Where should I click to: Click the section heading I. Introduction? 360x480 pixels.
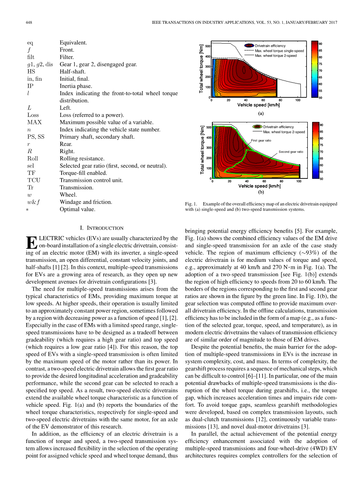tap(101, 228)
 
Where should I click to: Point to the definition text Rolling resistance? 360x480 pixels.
tap(82, 159)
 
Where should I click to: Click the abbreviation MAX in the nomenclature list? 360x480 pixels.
tap(34, 122)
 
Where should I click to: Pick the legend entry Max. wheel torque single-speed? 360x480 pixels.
tap(279, 51)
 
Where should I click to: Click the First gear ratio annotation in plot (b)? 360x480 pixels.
tap(261, 140)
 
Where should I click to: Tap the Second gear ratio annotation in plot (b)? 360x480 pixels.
tap(291, 152)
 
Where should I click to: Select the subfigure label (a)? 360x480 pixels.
tap(261, 113)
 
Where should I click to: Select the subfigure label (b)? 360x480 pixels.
tap(261, 192)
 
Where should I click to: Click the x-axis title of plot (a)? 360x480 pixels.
tap(258, 105)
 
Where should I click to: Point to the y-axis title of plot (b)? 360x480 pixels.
tap(203, 150)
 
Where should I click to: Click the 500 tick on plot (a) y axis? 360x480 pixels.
tap(207, 46)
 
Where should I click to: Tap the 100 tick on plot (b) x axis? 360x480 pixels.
tap(299, 182)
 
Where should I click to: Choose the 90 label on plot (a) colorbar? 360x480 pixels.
tap(320, 44)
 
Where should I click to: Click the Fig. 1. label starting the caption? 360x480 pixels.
tap(191, 204)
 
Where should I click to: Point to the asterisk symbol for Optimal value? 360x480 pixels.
tap(28, 210)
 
